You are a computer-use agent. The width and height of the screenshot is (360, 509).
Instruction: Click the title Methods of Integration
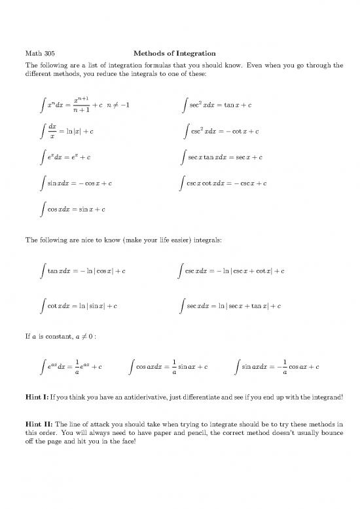pyautogui.click(x=174, y=53)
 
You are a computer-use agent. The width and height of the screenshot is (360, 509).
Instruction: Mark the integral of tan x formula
pyautogui.click(x=83, y=270)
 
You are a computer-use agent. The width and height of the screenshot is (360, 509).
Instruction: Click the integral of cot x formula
pyautogui.click(x=80, y=305)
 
